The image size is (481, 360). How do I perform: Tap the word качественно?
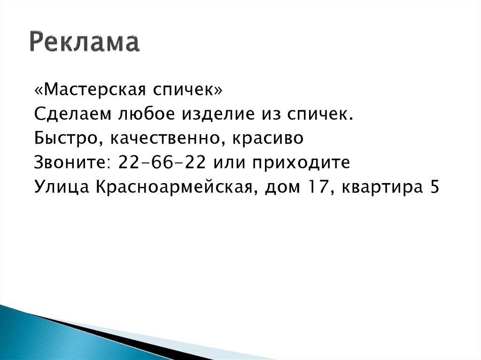[x=160, y=139]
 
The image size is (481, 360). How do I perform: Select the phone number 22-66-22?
[x=162, y=163]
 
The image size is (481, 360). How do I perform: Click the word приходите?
[x=301, y=164]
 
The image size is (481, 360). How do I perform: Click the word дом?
[x=285, y=188]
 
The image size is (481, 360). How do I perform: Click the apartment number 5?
[x=434, y=187]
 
